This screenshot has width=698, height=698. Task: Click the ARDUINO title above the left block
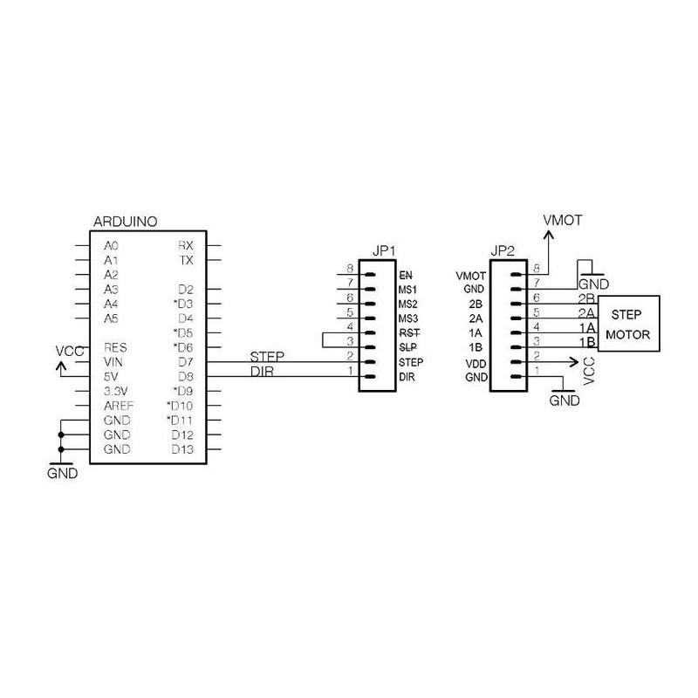tap(125, 222)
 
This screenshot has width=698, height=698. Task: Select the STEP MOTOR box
tap(628, 324)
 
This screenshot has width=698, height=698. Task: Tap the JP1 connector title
tap(384, 251)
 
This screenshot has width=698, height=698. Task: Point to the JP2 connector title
tap(503, 251)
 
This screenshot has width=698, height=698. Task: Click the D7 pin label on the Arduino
tap(186, 362)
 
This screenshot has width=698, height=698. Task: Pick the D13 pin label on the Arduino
tap(182, 449)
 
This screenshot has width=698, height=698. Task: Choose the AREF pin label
tap(119, 406)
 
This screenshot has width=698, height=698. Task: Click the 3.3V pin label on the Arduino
tap(116, 391)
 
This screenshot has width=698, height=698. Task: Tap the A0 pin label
tap(112, 246)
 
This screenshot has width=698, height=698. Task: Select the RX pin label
tap(186, 246)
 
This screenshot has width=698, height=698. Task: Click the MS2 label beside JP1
tap(407, 304)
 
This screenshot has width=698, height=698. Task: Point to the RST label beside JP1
tap(409, 333)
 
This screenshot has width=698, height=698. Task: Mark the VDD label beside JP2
tap(476, 364)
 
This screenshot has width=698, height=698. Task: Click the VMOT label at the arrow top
tap(562, 221)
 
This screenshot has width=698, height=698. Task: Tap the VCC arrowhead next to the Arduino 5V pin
tap(61, 366)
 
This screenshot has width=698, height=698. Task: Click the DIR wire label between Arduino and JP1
tap(262, 372)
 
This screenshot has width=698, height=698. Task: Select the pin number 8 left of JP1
tap(350, 269)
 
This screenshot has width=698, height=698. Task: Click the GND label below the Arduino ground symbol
tap(62, 473)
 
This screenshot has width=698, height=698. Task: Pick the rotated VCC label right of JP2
tap(588, 371)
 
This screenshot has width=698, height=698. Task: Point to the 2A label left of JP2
tap(476, 318)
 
